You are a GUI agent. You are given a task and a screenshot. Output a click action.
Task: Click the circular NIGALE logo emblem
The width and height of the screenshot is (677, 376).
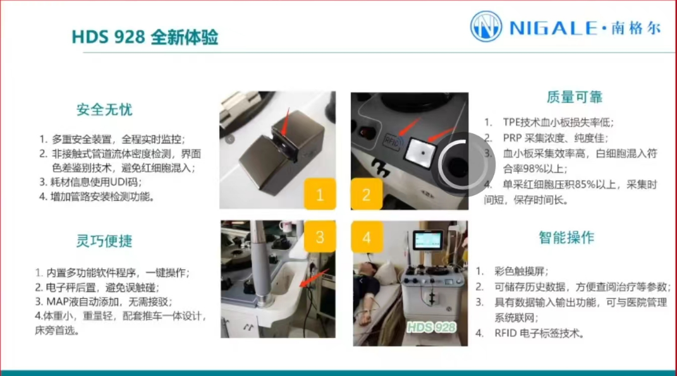486,27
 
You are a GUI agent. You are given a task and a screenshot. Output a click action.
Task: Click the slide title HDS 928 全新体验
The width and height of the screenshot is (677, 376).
145,37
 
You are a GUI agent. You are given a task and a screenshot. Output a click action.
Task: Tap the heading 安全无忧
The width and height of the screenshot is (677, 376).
104,110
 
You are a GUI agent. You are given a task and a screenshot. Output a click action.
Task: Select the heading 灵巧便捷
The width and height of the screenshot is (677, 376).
104,241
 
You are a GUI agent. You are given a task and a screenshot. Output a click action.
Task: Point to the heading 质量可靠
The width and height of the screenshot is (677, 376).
574,97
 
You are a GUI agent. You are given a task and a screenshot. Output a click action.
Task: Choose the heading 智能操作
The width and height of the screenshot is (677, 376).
567,238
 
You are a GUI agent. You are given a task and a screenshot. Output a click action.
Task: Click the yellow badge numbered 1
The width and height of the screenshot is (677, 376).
320,194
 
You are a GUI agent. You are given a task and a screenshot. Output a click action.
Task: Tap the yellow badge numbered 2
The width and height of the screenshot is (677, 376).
366,194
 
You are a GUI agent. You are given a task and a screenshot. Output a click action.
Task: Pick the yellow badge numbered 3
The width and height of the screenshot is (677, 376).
320,236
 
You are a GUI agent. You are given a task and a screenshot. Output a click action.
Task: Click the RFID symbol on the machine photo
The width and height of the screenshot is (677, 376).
393,141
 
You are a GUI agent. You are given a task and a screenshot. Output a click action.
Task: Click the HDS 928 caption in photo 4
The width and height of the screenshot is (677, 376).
431,327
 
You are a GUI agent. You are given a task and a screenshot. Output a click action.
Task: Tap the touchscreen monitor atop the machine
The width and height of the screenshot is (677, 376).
428,240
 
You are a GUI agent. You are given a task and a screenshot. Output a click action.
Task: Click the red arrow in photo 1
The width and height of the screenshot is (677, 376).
285,122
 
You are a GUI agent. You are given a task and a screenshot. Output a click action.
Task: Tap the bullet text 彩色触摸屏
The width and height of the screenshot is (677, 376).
521,271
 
